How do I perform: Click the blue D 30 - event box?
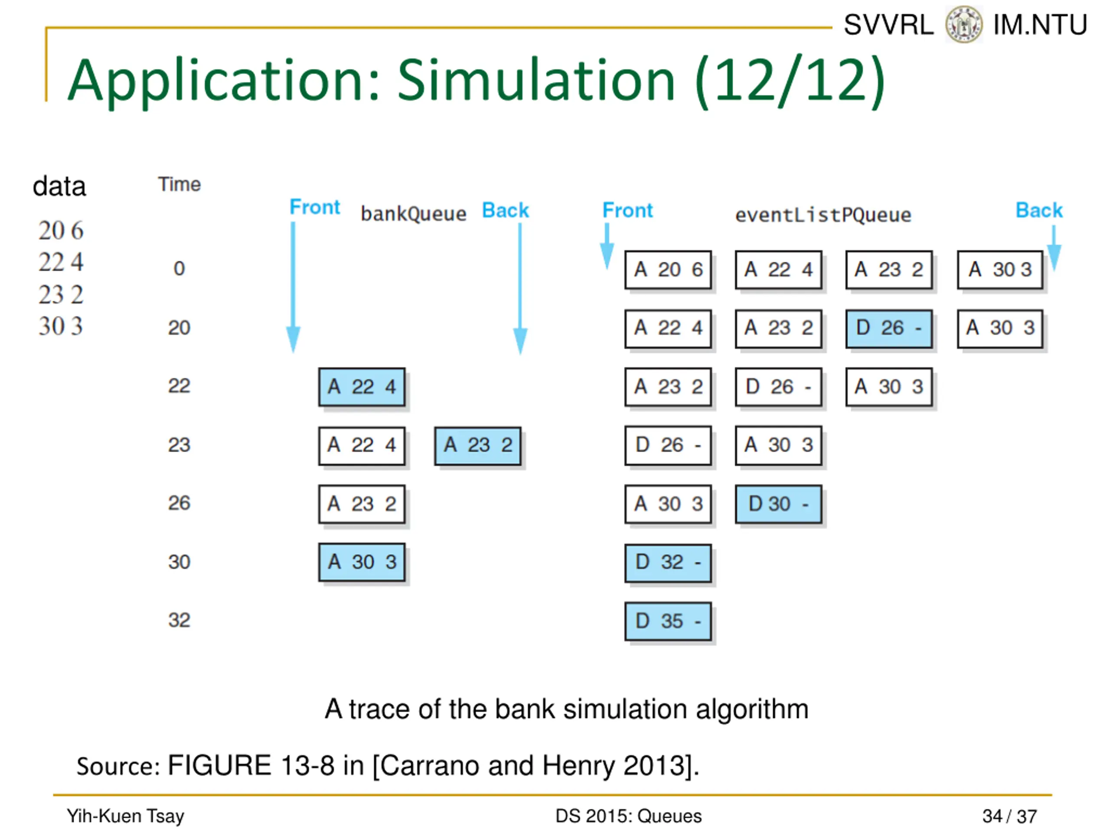(778, 504)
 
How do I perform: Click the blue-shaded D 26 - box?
(889, 328)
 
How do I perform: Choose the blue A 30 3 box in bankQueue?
(362, 562)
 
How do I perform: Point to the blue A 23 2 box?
(478, 445)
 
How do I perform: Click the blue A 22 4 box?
(362, 387)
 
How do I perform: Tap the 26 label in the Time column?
(179, 503)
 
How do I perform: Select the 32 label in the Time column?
(179, 621)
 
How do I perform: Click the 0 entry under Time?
(179, 269)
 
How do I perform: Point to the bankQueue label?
(414, 214)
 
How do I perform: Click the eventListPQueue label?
(823, 215)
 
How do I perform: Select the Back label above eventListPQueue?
(1039, 210)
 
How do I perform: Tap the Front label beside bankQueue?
(315, 207)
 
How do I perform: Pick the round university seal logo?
(963, 24)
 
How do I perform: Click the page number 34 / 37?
(1009, 816)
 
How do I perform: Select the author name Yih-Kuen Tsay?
(125, 816)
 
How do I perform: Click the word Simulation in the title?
(536, 80)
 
